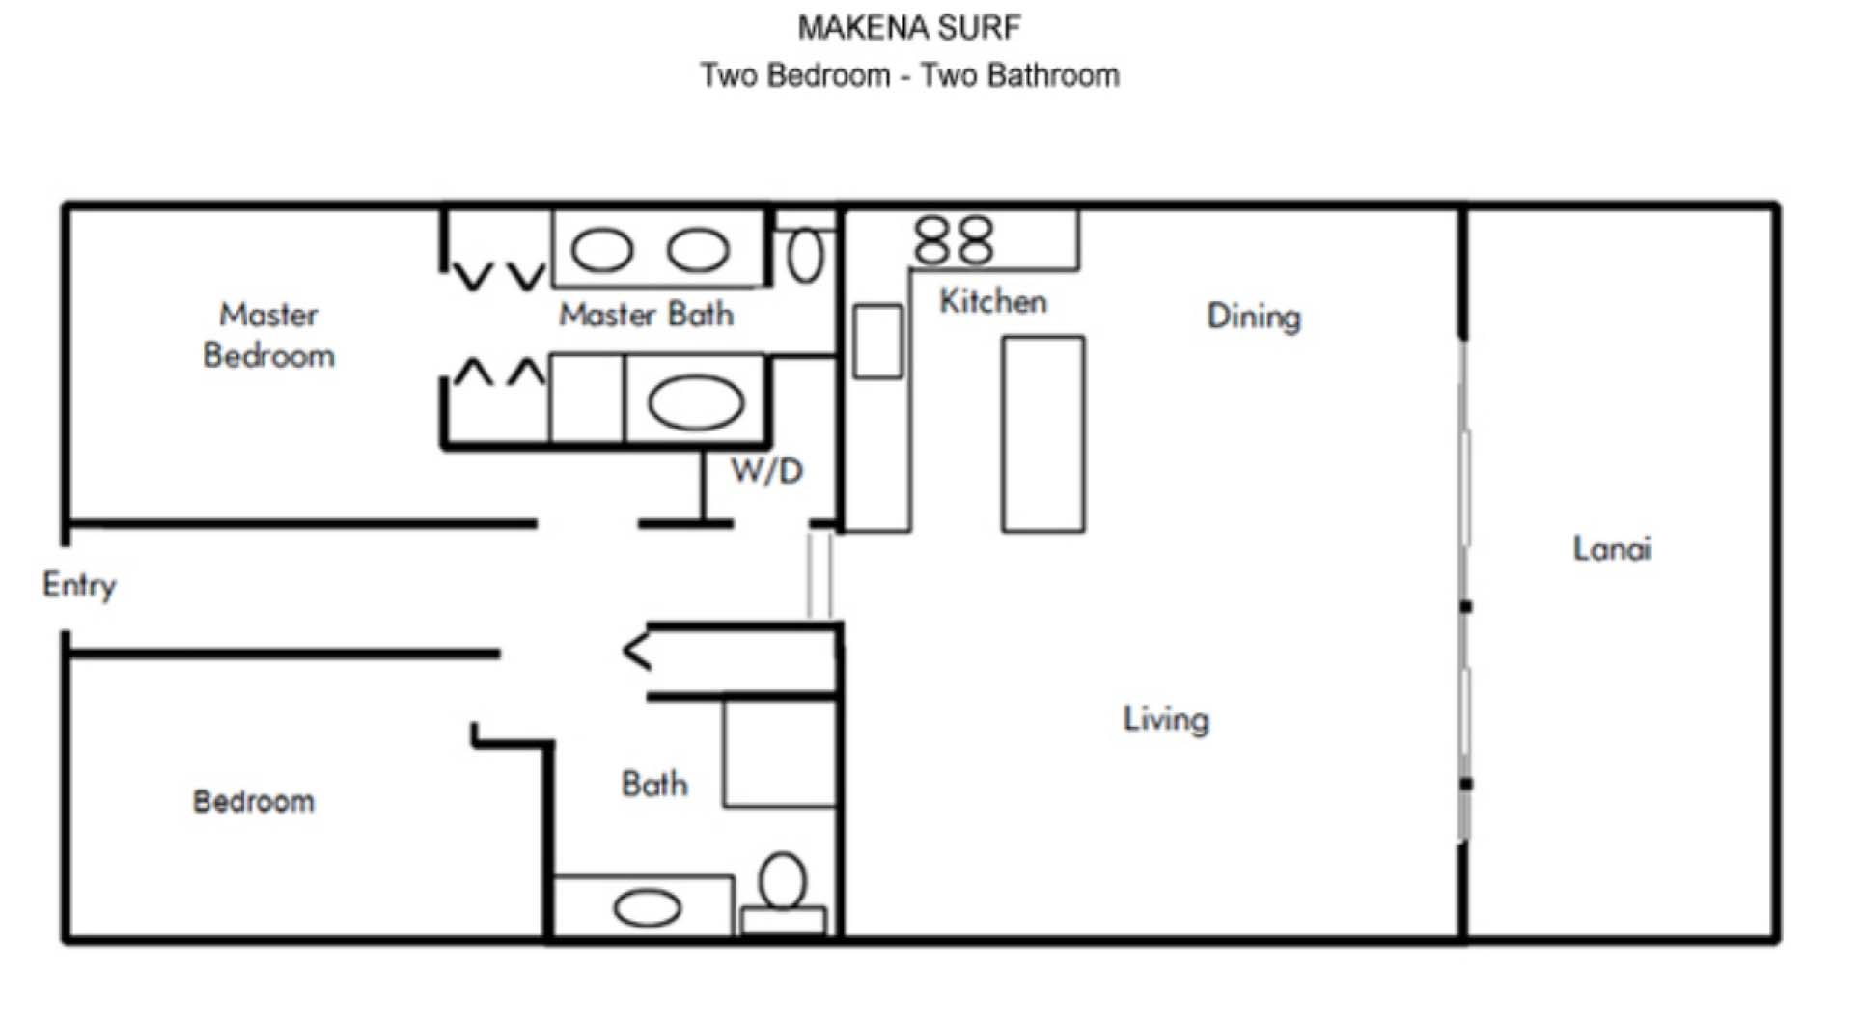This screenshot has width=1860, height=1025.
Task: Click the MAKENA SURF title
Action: [x=908, y=28]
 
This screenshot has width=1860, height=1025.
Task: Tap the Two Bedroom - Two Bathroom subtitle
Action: [x=909, y=75]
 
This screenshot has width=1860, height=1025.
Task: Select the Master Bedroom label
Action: [x=268, y=335]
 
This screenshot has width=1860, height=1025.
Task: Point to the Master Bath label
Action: [x=646, y=315]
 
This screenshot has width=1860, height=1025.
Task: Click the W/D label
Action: [x=766, y=471]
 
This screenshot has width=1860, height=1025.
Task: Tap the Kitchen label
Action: [x=992, y=301]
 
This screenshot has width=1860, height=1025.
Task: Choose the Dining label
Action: [x=1253, y=317]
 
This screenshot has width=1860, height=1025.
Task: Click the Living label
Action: [x=1165, y=719]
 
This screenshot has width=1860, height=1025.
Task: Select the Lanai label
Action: [x=1611, y=548]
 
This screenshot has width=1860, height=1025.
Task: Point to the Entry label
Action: [x=79, y=585]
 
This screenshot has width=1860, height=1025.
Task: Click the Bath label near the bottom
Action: [x=654, y=784]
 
